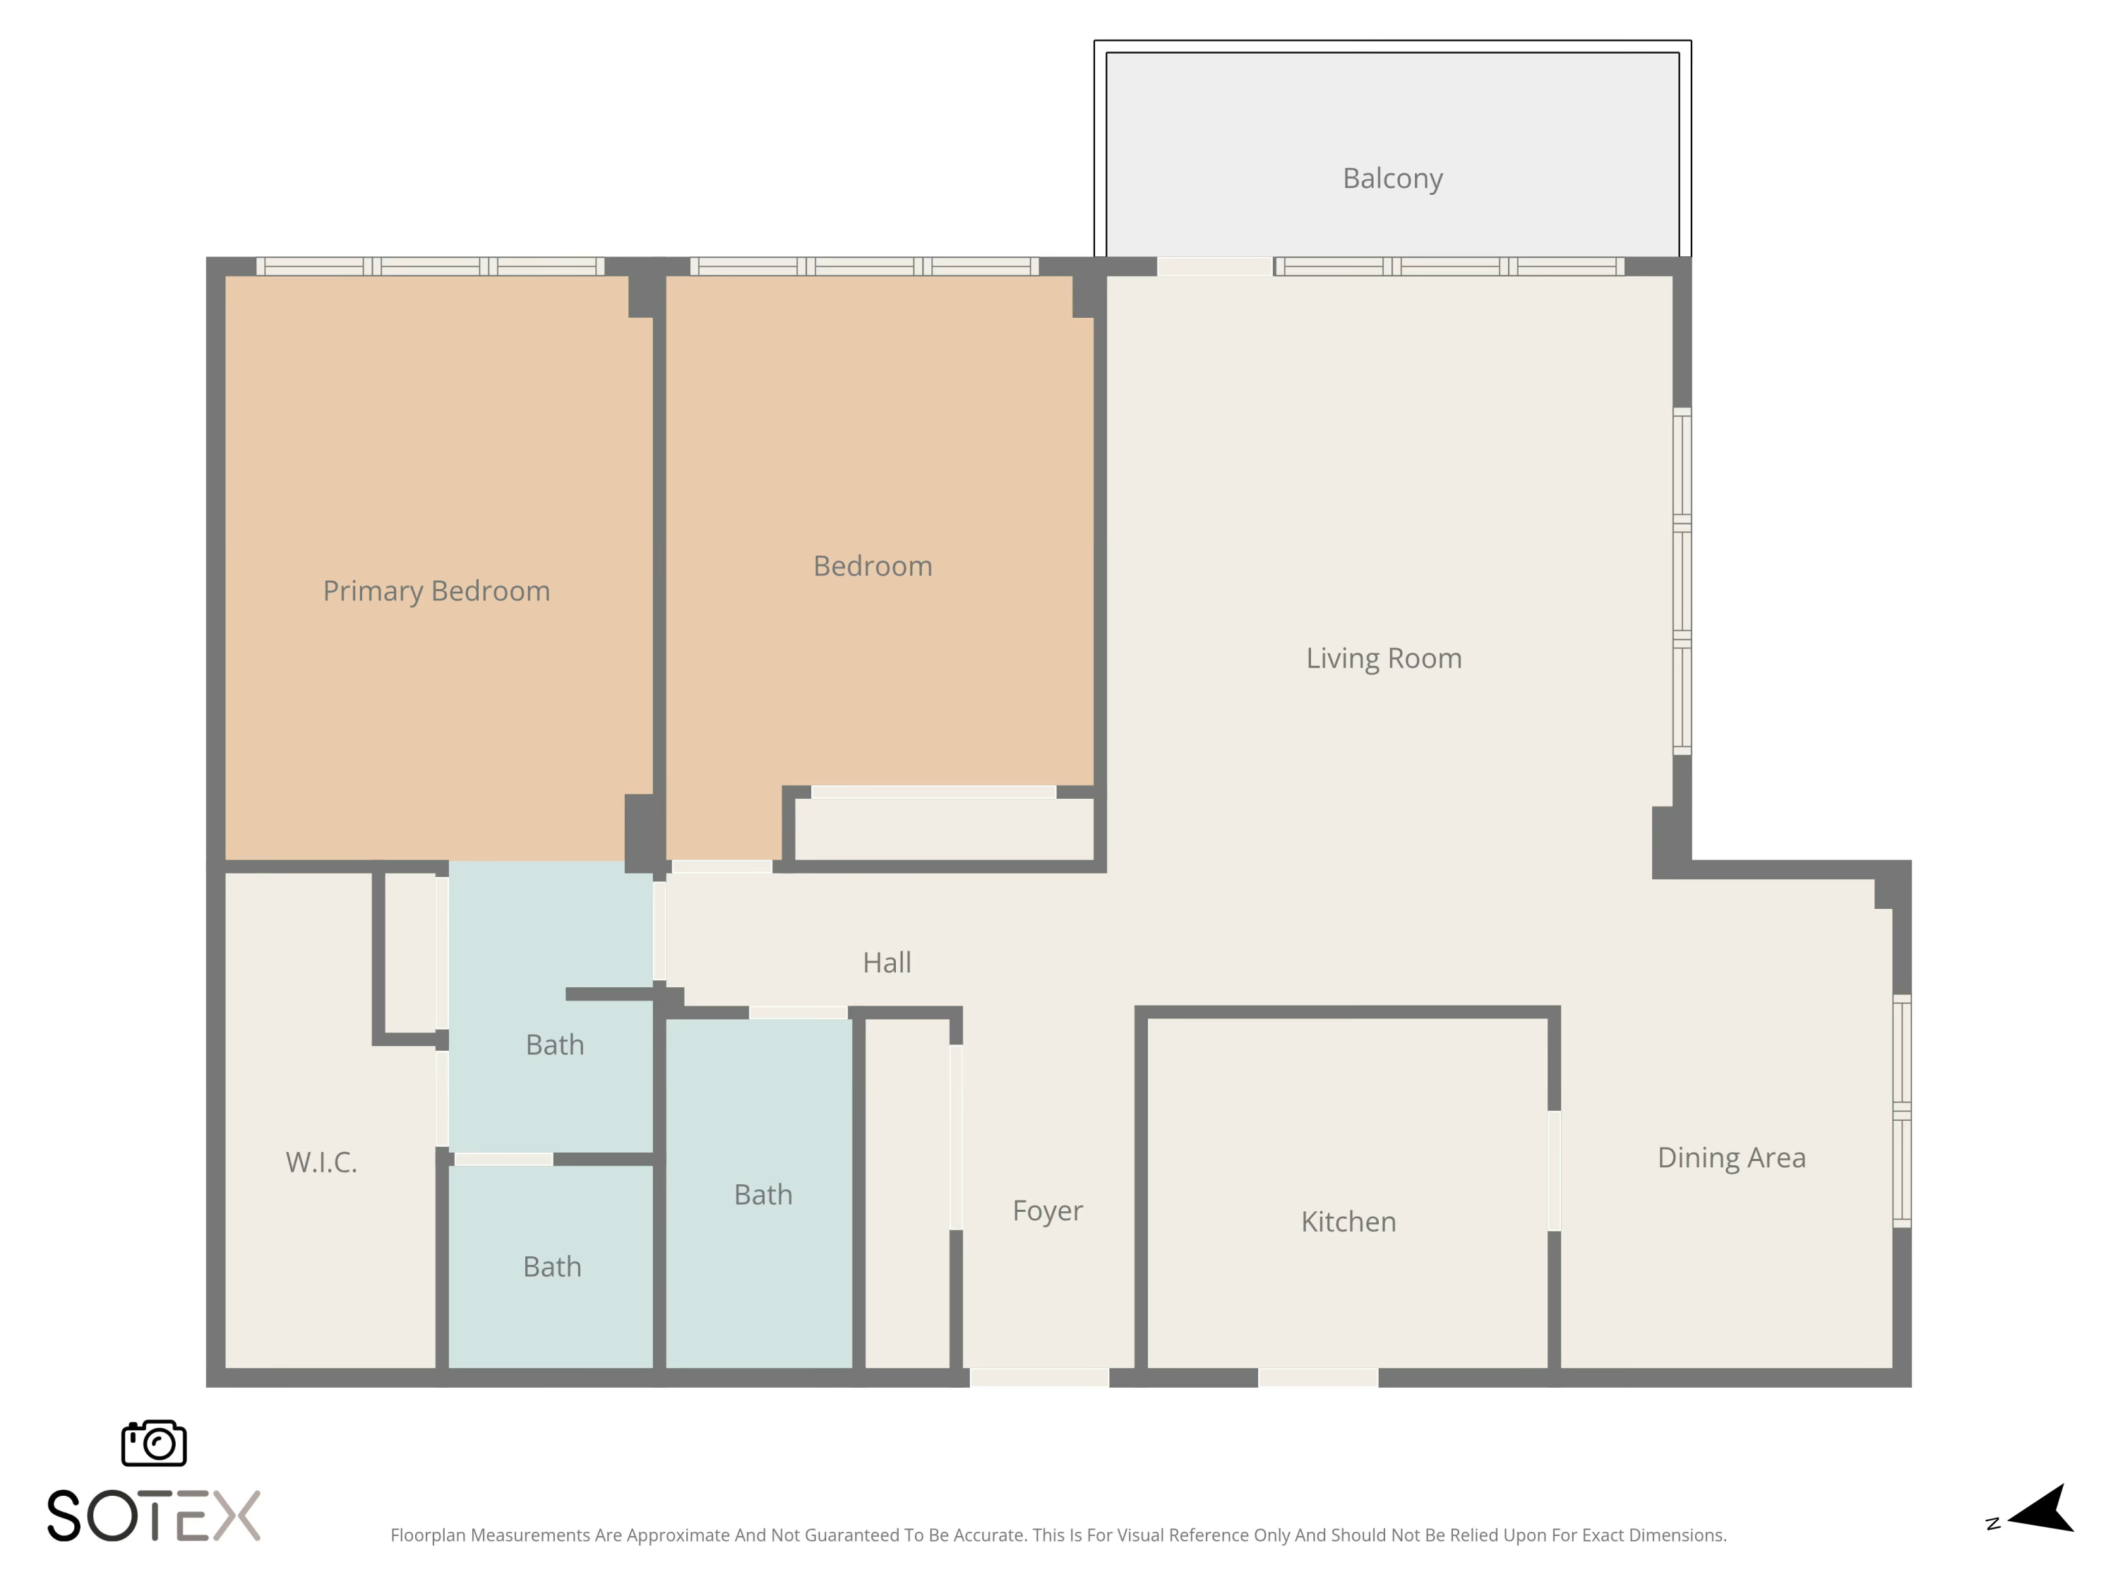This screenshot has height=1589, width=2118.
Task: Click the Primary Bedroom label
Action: (436, 591)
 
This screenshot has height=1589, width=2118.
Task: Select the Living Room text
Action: (1384, 658)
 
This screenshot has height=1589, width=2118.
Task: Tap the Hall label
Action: (887, 963)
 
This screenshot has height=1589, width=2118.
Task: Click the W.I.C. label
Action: (321, 1162)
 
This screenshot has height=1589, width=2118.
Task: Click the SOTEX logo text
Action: (154, 1516)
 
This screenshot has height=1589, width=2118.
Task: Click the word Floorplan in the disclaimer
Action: (428, 1535)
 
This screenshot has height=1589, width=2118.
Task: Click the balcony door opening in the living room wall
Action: (1214, 266)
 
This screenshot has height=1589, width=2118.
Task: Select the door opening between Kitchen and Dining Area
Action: (1554, 1170)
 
